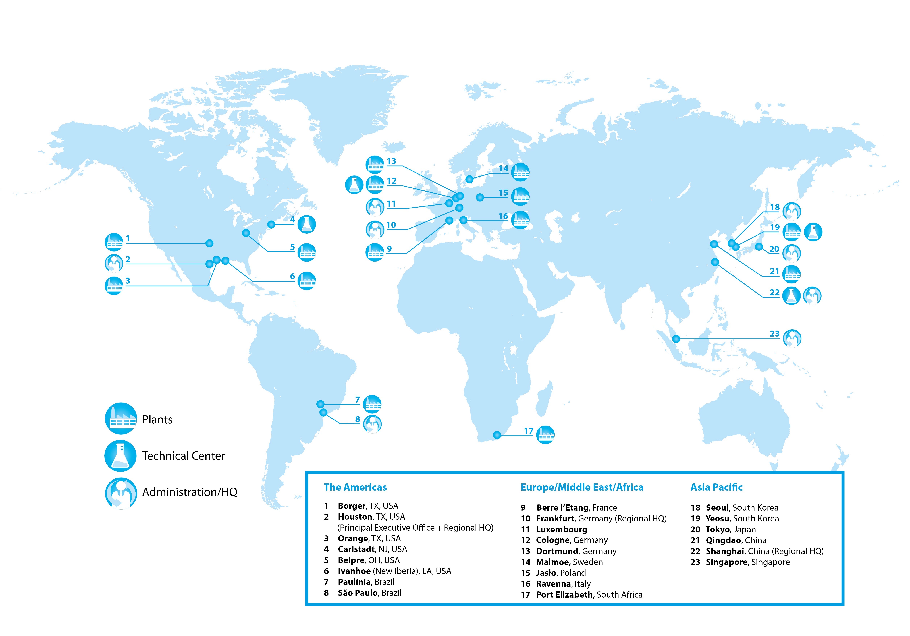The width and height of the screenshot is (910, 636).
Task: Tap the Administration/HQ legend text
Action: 190,492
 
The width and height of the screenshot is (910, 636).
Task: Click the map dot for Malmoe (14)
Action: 469,179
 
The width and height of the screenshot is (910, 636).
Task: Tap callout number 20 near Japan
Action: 774,249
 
